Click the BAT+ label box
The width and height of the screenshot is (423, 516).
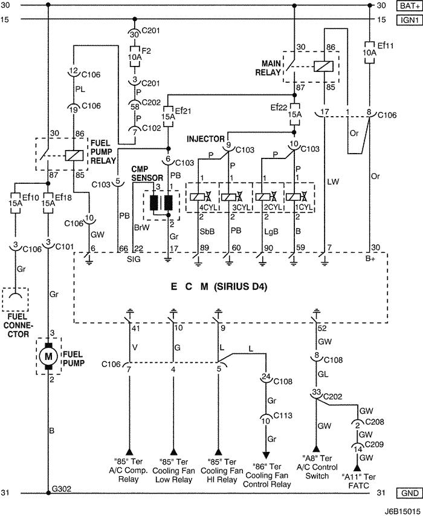pos(407,6)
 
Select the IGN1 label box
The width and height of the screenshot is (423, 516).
pos(407,19)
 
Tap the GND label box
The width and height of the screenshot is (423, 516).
pos(407,493)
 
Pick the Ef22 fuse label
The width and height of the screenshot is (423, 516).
pos(279,108)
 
